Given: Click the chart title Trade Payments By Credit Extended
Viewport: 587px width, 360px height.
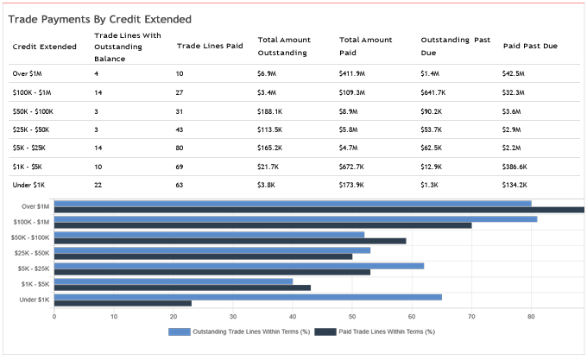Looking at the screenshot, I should coord(99,18).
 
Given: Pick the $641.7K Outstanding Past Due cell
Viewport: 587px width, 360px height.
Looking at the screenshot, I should coord(436,93).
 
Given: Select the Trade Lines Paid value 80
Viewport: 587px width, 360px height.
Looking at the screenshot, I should coord(180,148).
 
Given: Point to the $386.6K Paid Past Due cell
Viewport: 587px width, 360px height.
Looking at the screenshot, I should coord(516,166).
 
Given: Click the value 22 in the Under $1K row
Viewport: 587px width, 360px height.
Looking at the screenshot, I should coord(98,184).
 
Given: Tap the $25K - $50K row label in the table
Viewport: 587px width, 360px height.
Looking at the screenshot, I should coord(31,129).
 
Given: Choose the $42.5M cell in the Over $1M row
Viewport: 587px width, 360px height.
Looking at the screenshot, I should coord(514,74).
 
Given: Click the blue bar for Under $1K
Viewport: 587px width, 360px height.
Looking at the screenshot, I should coord(248,297).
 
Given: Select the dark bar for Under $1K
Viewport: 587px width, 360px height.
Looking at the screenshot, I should coord(123,303).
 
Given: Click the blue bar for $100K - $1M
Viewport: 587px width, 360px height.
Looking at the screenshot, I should coord(295,218).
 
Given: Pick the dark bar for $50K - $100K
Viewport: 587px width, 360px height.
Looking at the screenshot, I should coord(230,241).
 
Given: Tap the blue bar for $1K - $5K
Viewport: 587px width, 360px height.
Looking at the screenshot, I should coord(174,281).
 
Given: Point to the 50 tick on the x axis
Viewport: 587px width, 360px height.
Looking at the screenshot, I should coord(351,317).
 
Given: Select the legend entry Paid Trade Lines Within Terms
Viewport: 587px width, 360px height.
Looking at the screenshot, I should coord(378,332).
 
